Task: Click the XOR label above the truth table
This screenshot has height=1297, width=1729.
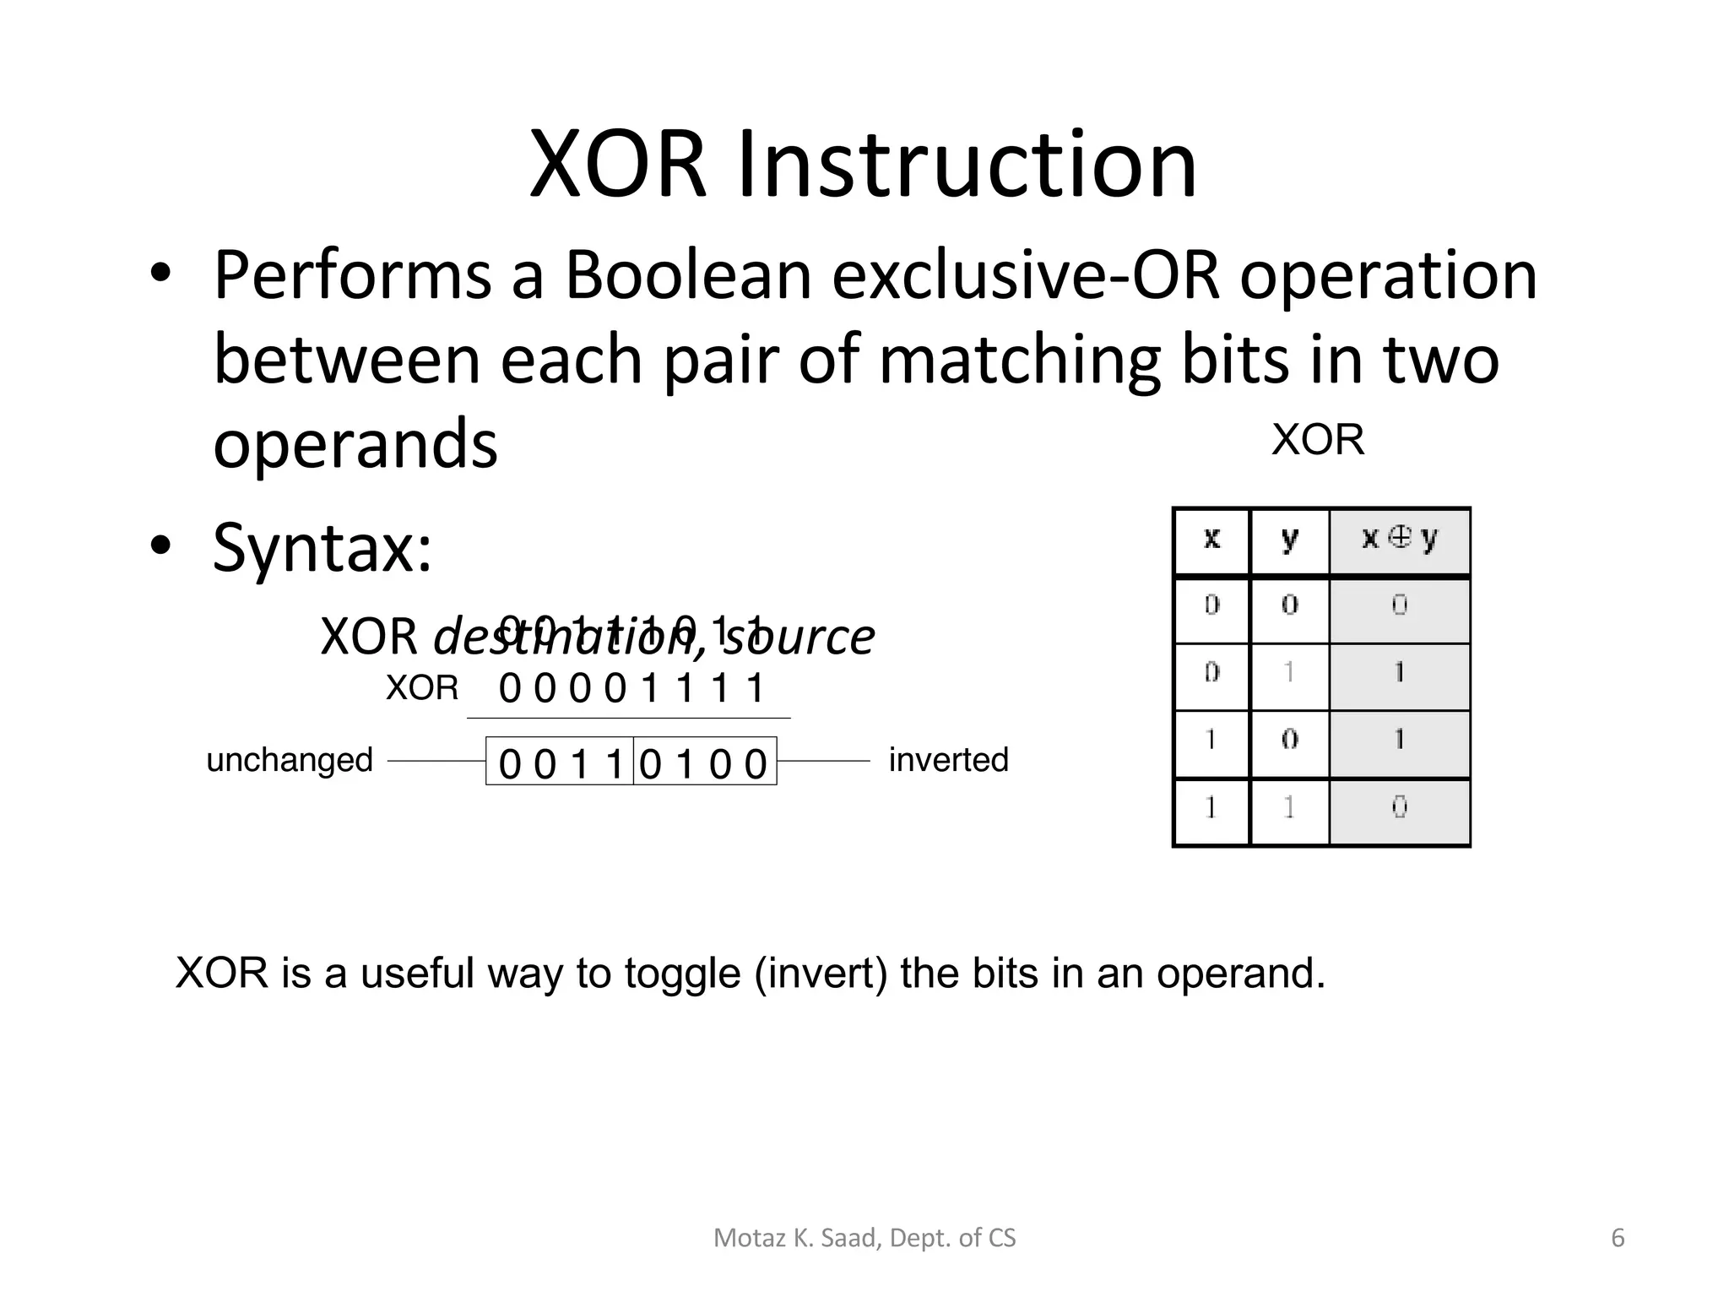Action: [1317, 440]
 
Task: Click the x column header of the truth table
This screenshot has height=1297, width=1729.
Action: [1211, 539]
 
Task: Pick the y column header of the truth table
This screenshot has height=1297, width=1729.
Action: [1289, 539]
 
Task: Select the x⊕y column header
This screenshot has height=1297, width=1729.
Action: [1399, 539]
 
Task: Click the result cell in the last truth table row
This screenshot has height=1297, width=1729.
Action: [1399, 808]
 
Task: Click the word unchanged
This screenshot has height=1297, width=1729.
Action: [290, 760]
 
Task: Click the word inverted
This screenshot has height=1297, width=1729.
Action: [948, 760]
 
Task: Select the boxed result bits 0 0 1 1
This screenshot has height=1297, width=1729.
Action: [560, 763]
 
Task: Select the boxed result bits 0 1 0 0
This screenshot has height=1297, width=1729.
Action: [704, 763]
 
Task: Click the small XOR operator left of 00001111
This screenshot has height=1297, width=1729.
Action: [421, 688]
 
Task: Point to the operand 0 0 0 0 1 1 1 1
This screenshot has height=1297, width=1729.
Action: [631, 688]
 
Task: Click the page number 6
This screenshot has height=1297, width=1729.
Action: [1618, 1238]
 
